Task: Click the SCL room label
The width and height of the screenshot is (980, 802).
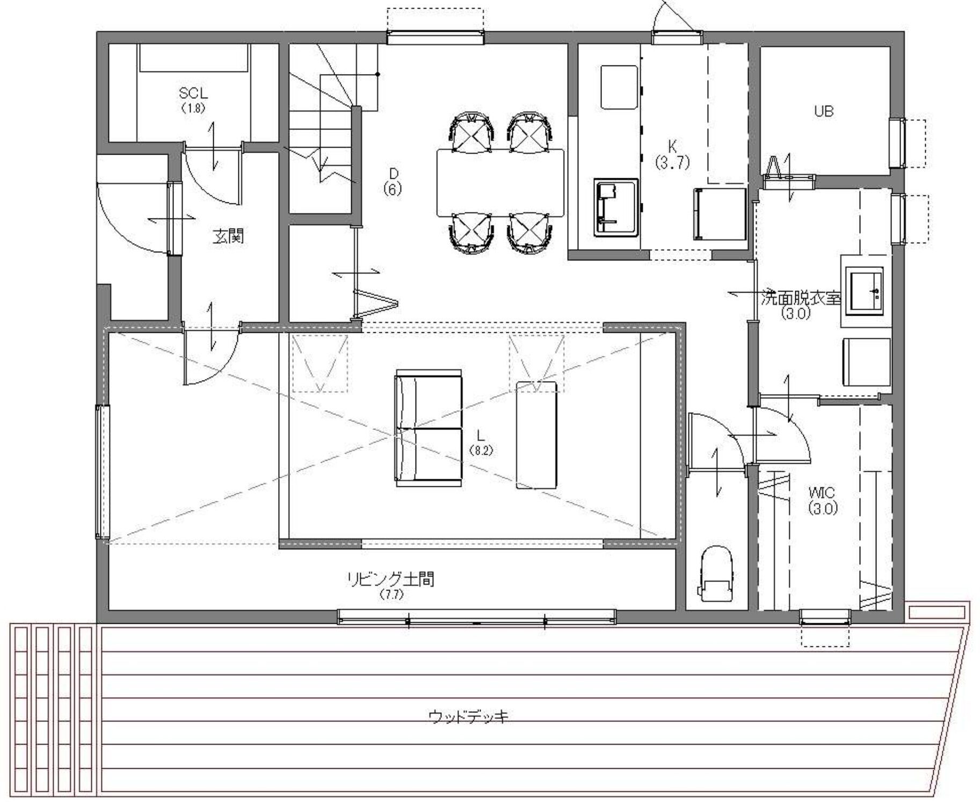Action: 193,93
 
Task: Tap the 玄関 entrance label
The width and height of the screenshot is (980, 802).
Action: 228,236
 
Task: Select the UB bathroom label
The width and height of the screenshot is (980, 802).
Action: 823,112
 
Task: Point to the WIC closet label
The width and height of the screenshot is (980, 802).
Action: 822,492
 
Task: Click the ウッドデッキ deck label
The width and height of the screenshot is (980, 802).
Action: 468,716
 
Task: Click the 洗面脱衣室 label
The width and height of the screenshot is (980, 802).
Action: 801,298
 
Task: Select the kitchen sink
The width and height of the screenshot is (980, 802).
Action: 616,207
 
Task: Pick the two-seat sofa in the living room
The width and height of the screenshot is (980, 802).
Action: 429,428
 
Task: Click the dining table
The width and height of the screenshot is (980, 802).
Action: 500,183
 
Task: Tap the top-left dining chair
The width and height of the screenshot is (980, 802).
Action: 471,132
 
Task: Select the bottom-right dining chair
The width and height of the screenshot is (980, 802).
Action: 530,233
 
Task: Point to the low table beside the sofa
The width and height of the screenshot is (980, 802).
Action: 536,435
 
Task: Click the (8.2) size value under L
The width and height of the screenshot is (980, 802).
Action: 481,451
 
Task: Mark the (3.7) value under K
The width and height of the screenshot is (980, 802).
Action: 672,162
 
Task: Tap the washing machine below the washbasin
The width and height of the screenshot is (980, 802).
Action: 866,362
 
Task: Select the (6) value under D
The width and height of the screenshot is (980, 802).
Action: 393,189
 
